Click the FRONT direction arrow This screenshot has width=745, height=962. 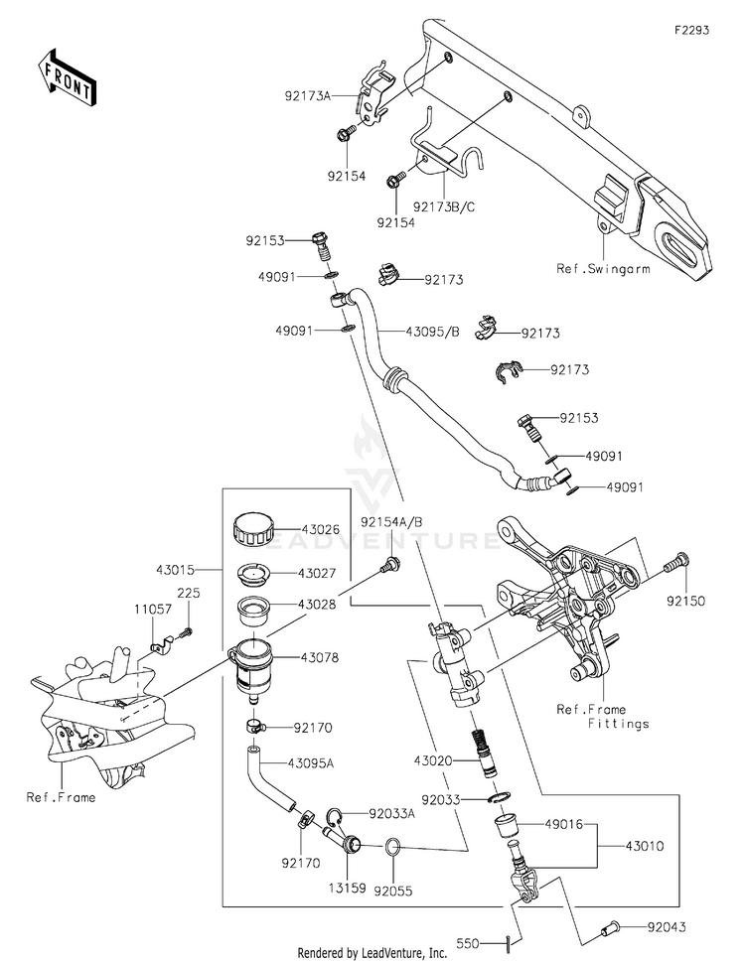pyautogui.click(x=68, y=76)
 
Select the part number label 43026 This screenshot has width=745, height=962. pyautogui.click(x=320, y=530)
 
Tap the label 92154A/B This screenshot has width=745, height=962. pyautogui.click(x=391, y=521)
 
